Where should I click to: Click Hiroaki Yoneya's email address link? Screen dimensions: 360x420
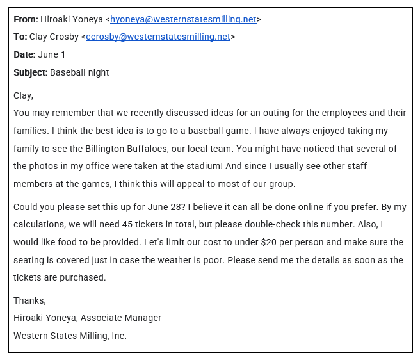pos(183,19)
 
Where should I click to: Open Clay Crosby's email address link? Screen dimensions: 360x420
pos(157,37)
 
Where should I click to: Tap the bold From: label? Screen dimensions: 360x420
pos(26,19)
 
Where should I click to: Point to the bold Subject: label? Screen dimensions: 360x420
pos(30,72)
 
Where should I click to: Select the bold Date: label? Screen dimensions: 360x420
pos(24,54)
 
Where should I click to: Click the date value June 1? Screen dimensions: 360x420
pos(52,54)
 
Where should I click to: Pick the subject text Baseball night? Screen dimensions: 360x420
pos(79,72)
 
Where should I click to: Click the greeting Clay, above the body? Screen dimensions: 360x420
pos(23,95)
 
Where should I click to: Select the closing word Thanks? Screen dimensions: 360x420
pos(29,300)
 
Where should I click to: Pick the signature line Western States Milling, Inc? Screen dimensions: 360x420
pos(70,336)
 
